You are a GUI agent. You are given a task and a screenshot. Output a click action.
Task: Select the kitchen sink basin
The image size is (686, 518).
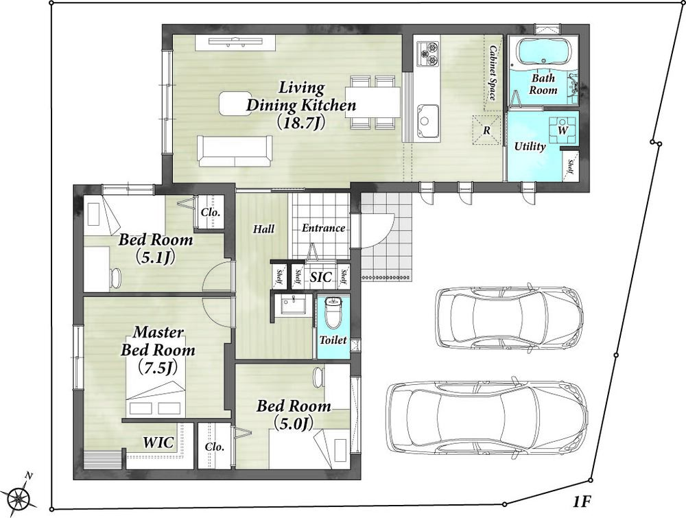click(x=428, y=120)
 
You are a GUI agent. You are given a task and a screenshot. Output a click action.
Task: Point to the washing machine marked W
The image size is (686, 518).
click(x=563, y=130)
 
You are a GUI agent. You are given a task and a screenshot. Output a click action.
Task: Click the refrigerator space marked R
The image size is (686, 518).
click(x=486, y=130)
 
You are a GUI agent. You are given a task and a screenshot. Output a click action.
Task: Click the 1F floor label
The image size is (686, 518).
click(x=582, y=502)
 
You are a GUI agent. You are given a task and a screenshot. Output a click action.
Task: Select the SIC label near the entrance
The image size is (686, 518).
click(x=320, y=277)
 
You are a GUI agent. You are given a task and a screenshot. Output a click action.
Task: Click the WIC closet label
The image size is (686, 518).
click(x=158, y=443)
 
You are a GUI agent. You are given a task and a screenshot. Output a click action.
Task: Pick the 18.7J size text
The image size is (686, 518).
click(x=301, y=123)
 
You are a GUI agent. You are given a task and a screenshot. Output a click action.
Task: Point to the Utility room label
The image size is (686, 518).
click(x=530, y=146)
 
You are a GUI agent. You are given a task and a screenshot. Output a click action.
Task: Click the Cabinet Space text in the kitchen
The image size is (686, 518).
click(x=491, y=73)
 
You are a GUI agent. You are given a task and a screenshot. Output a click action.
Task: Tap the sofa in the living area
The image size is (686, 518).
click(x=235, y=151)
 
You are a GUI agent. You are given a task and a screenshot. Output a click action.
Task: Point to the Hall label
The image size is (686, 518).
click(x=264, y=229)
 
